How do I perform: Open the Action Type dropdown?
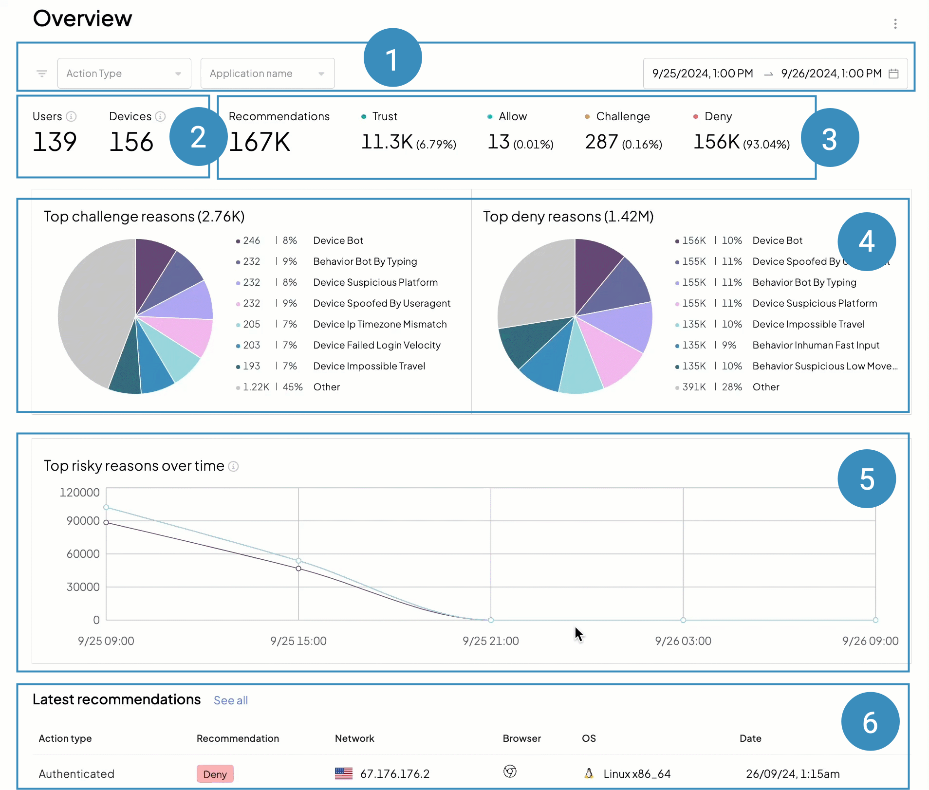click(124, 73)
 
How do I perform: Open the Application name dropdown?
click(267, 73)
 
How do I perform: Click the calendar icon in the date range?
click(893, 73)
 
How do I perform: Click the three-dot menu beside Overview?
click(895, 24)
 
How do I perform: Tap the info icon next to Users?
click(71, 116)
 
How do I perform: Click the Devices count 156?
click(131, 142)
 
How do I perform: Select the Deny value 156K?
click(716, 142)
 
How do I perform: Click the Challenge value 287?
click(601, 142)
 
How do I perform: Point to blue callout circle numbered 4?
click(866, 241)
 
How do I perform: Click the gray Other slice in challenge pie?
click(93, 312)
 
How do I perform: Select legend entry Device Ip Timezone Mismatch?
click(380, 324)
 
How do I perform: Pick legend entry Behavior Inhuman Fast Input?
click(816, 345)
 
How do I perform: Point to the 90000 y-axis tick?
click(83, 521)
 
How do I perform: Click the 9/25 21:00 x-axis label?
click(490, 641)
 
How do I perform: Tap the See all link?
click(231, 700)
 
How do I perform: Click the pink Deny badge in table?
click(215, 774)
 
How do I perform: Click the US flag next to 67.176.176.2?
click(344, 773)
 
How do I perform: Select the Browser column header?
click(521, 738)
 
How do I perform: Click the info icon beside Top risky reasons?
click(234, 466)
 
